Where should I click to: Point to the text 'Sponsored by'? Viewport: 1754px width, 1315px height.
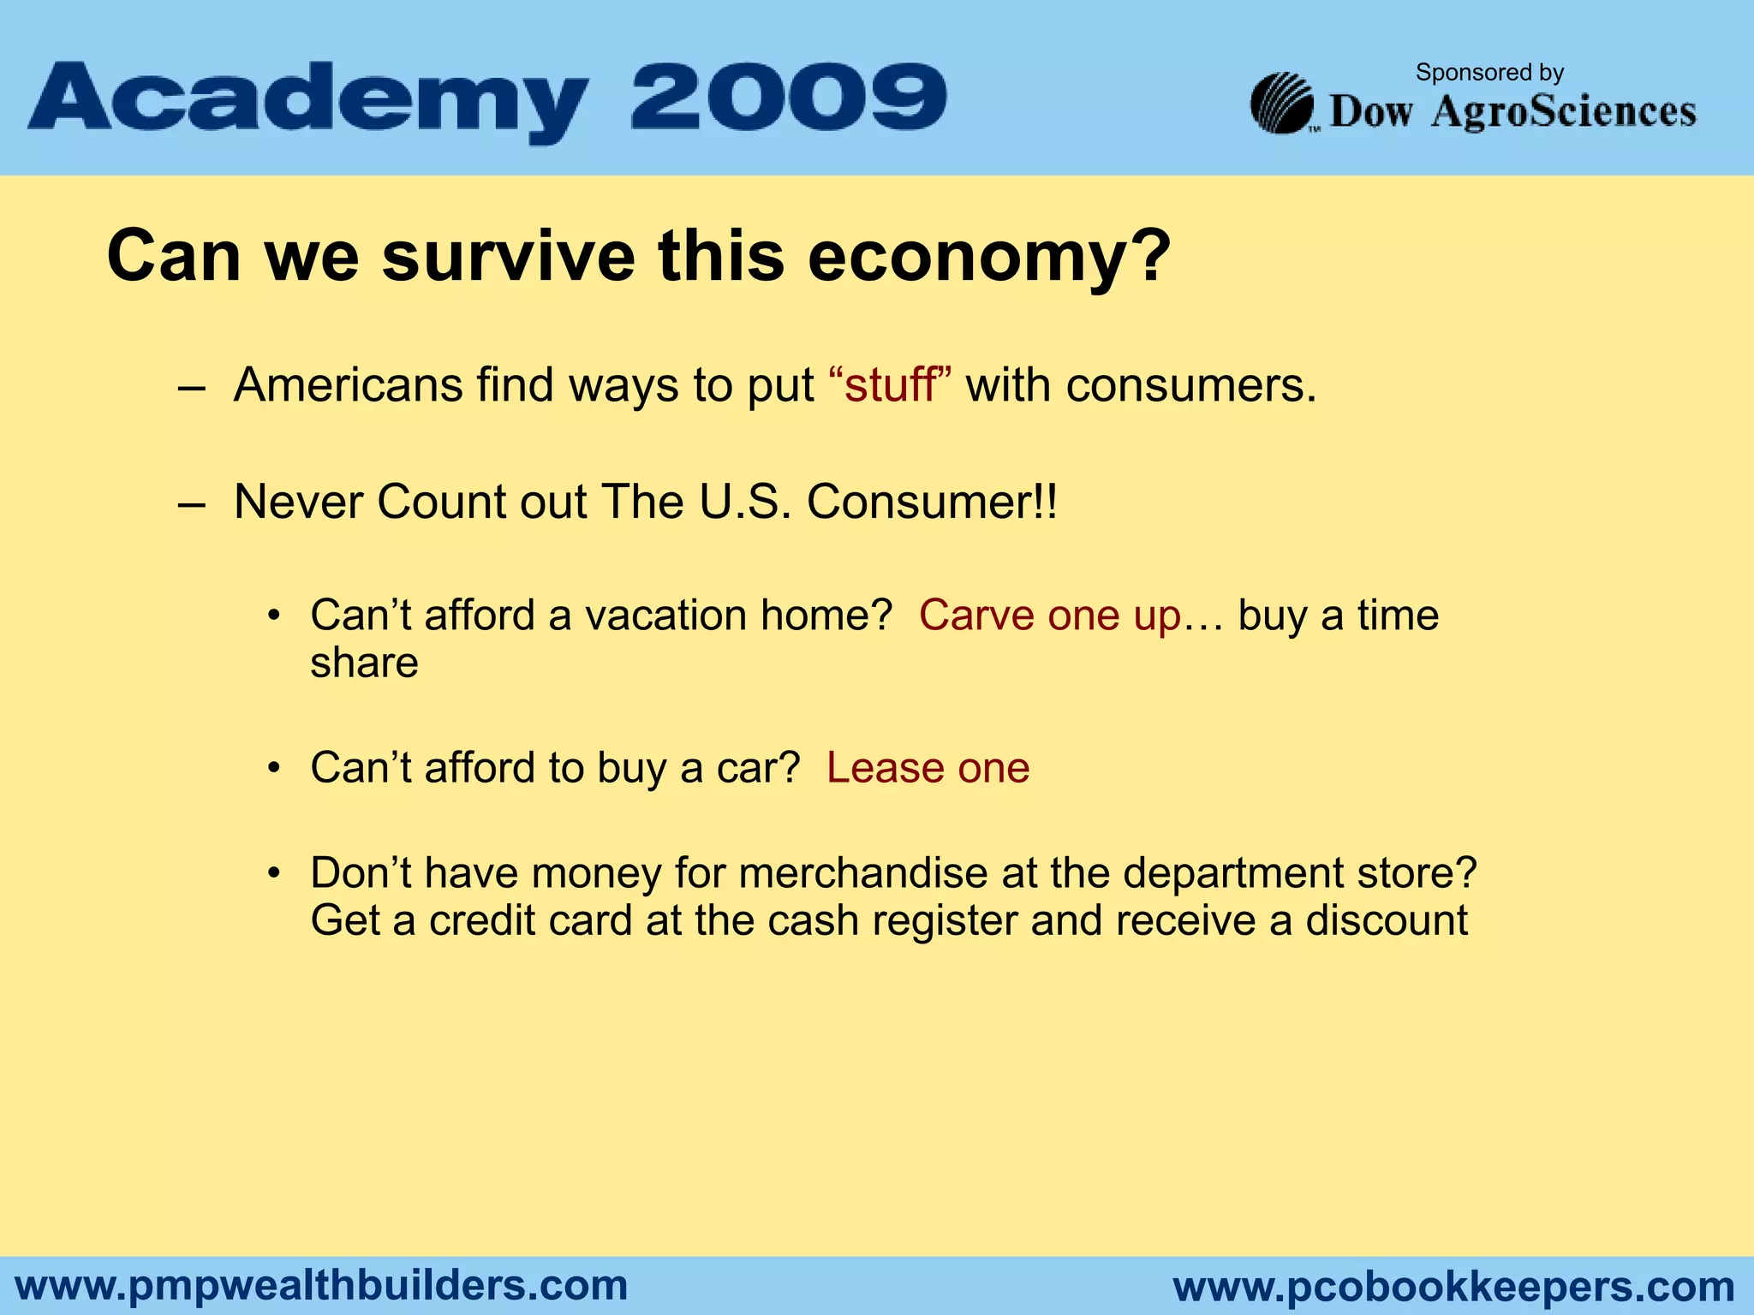(x=1489, y=73)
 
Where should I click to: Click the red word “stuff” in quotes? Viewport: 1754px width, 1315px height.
(x=891, y=385)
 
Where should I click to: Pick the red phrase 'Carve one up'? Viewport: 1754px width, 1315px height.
(x=1050, y=616)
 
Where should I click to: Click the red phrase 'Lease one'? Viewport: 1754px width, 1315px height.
(x=928, y=768)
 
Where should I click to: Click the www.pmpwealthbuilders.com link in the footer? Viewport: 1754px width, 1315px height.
(x=322, y=1286)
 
